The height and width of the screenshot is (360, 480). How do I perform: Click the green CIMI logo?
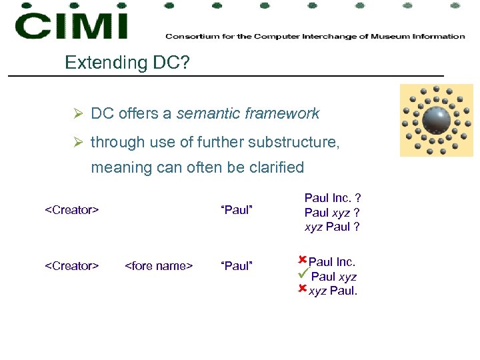[x=71, y=25]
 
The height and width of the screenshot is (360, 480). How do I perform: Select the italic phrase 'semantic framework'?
[x=248, y=114]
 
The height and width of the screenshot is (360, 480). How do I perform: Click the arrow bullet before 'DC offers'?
[x=78, y=114]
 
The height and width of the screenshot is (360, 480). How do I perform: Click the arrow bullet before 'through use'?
[x=78, y=143]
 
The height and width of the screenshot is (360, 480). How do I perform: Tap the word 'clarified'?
[x=275, y=167]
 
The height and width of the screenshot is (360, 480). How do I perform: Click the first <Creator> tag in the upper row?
[x=71, y=211]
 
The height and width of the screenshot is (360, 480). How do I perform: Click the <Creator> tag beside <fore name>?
[x=71, y=267]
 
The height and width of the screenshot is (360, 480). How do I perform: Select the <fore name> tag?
[x=159, y=267]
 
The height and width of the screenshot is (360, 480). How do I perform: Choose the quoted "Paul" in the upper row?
[x=236, y=211]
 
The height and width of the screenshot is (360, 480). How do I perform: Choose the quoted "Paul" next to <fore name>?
[x=236, y=267]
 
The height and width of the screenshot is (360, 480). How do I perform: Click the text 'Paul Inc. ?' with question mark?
[x=333, y=198]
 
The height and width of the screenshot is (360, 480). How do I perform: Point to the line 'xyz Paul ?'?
[x=332, y=227]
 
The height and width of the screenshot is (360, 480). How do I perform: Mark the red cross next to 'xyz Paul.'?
[x=302, y=289]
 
